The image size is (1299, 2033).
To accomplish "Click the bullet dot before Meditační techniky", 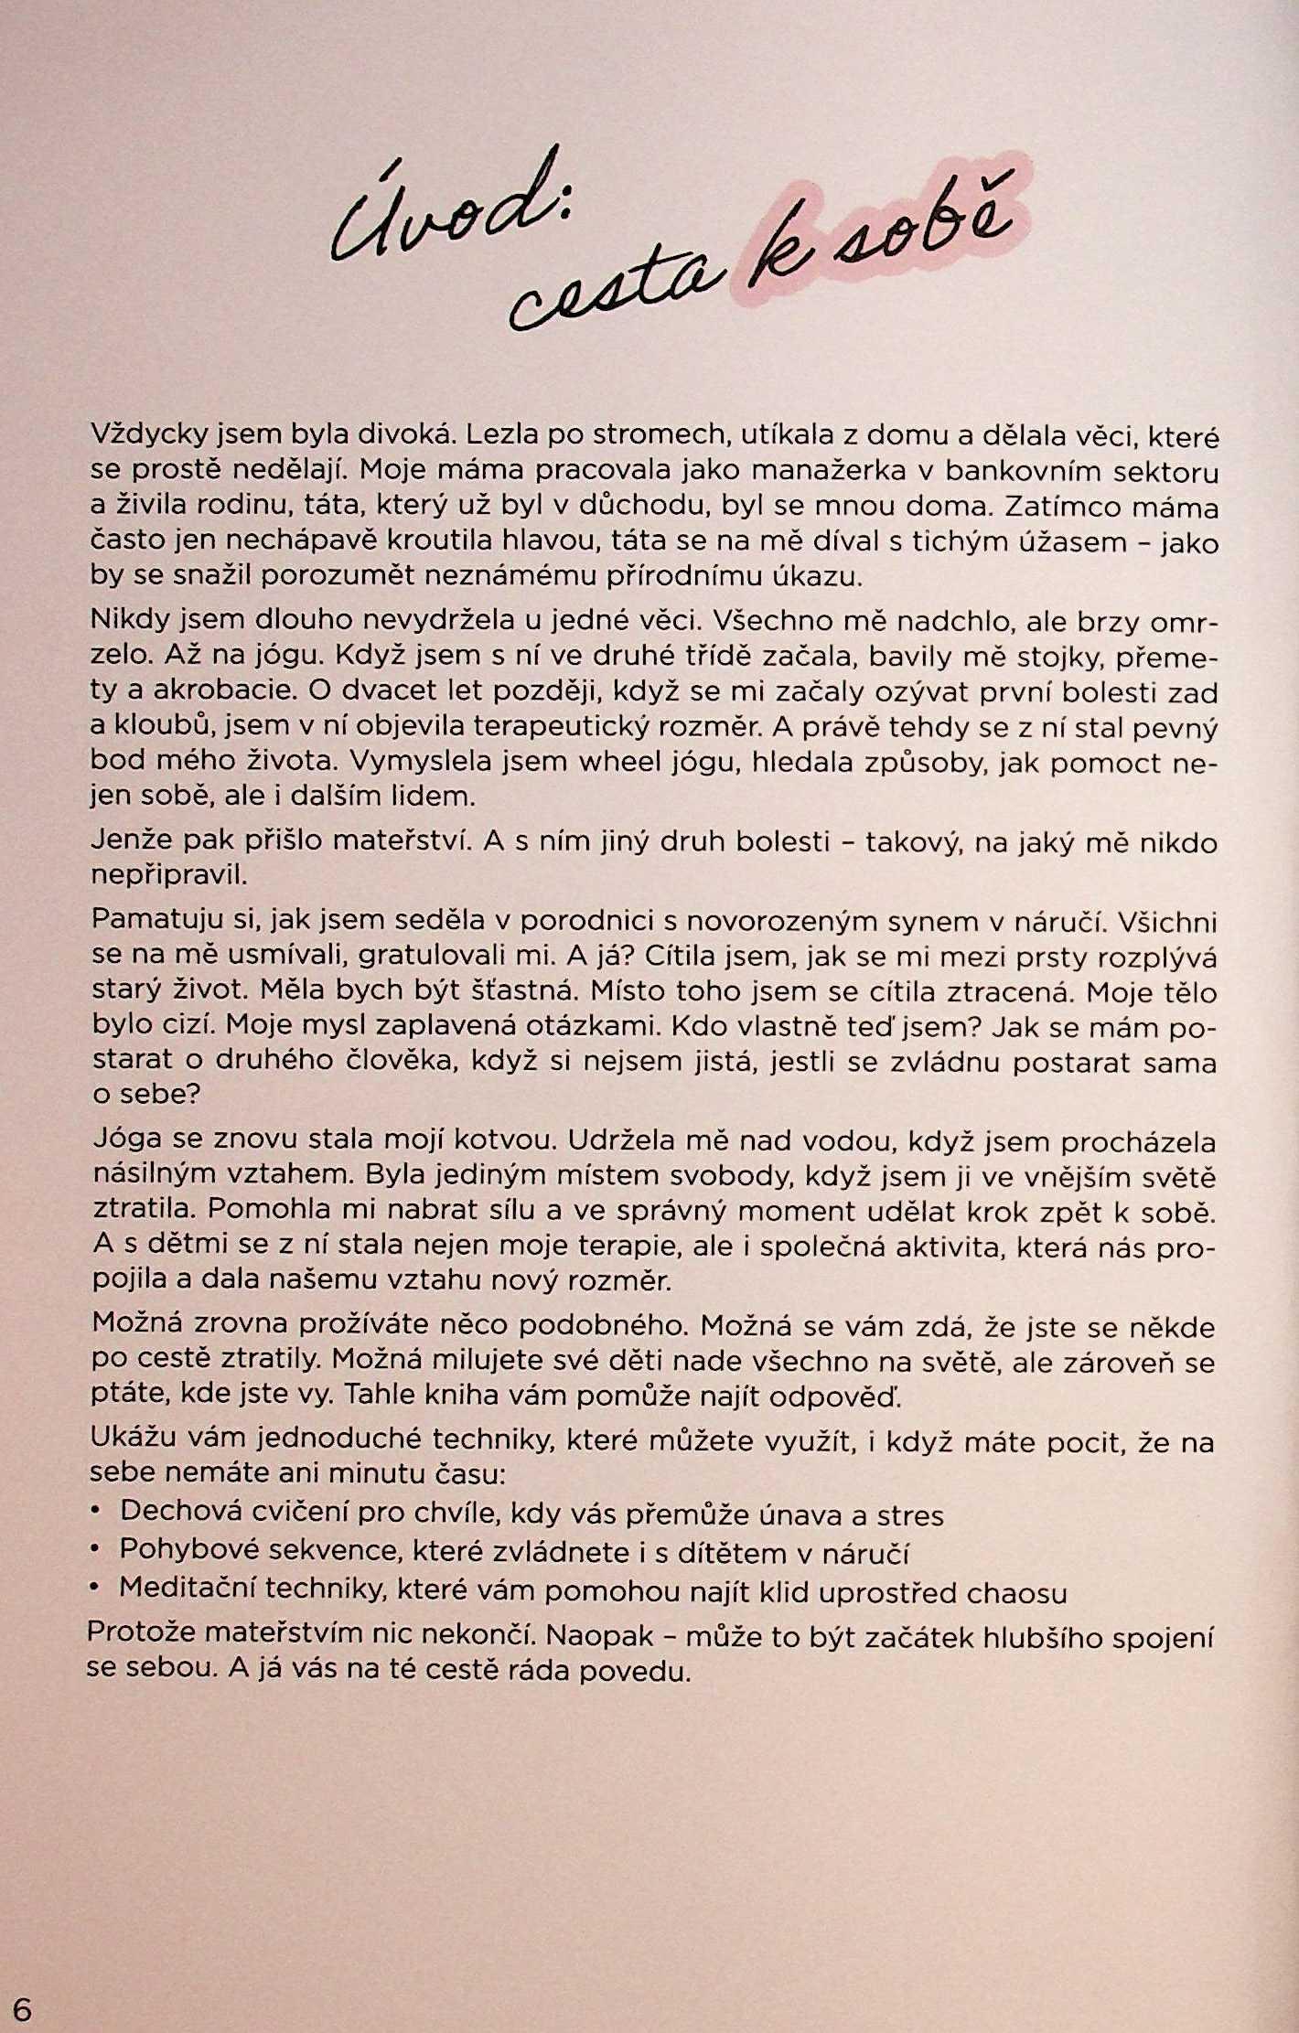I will tap(95, 1590).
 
